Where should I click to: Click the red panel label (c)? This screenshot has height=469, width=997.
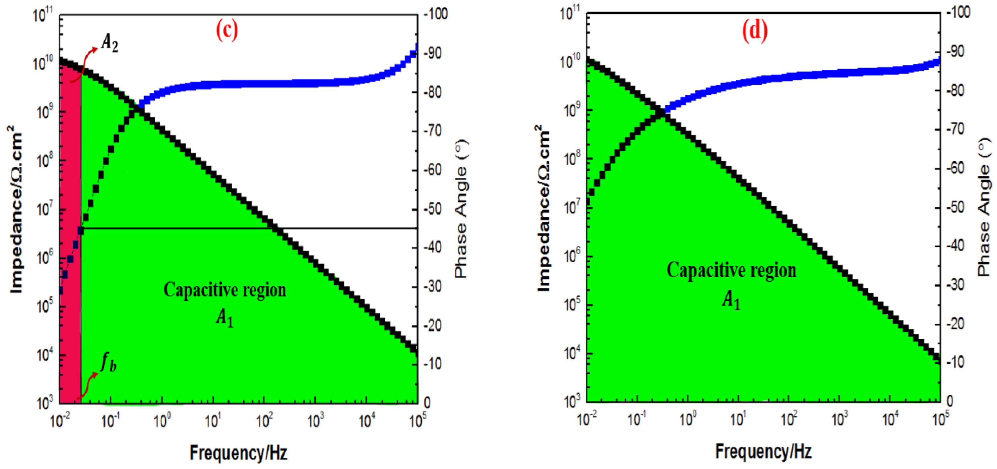click(x=227, y=30)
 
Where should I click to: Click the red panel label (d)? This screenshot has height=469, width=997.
click(x=755, y=30)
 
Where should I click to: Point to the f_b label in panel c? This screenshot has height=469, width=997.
click(x=108, y=363)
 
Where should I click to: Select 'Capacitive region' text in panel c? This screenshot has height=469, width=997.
click(x=224, y=290)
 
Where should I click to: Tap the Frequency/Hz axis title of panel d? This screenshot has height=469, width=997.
click(x=763, y=451)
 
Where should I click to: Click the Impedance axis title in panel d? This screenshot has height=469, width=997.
click(x=543, y=209)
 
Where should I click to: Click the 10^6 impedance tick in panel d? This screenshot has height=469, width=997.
click(x=570, y=256)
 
